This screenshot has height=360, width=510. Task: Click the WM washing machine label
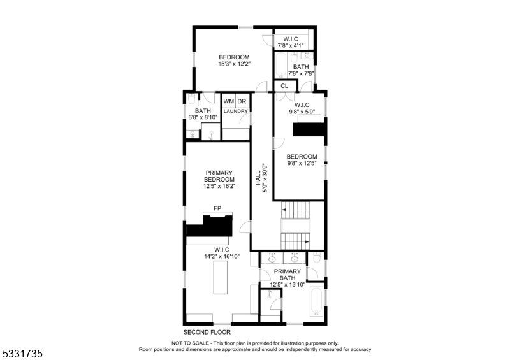coord(228,102)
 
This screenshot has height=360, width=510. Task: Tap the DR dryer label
coord(242,102)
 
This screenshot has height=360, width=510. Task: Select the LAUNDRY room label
coord(235,112)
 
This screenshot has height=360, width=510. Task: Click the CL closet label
coord(284,86)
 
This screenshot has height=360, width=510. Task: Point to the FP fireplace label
coord(217,209)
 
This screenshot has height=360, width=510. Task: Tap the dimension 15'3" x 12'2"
coord(235,64)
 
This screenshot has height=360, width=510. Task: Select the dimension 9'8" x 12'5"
coord(302,164)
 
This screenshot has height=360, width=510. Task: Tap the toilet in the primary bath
coord(317,258)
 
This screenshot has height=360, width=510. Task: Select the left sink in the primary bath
coord(273,258)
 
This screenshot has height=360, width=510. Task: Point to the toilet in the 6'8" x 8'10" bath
coord(192,100)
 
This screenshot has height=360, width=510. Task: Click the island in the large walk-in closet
coord(221,278)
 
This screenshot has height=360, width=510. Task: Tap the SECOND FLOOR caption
coord(207,333)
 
